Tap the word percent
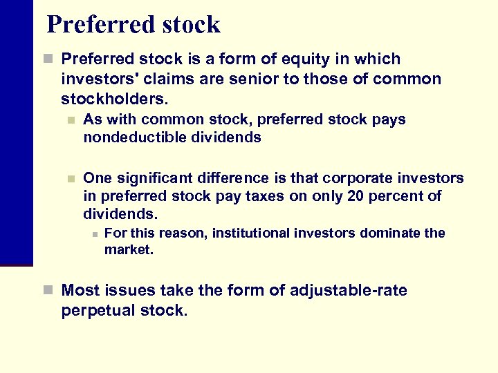[396, 196]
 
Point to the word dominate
[391, 233]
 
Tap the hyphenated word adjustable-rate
[348, 291]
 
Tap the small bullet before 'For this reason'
[94, 233]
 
